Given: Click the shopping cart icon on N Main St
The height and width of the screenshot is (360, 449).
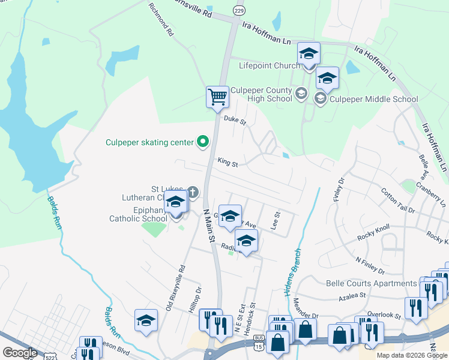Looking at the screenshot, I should [217, 96].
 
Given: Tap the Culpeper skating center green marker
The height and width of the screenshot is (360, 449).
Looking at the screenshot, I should [203, 142].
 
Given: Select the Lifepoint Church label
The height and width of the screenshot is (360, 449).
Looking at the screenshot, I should [270, 65].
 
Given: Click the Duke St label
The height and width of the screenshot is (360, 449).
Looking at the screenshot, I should [235, 120].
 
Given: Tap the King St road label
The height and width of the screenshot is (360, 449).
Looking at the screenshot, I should [228, 163].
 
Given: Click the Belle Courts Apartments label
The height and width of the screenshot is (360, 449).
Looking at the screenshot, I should [370, 283].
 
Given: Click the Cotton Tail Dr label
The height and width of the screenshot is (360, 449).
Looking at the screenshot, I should [398, 200].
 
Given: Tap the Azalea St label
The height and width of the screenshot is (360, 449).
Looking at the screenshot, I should [352, 296].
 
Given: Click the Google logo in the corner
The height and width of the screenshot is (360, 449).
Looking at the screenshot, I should [19, 352].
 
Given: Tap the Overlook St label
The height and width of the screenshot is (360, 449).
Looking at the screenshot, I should [384, 315].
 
